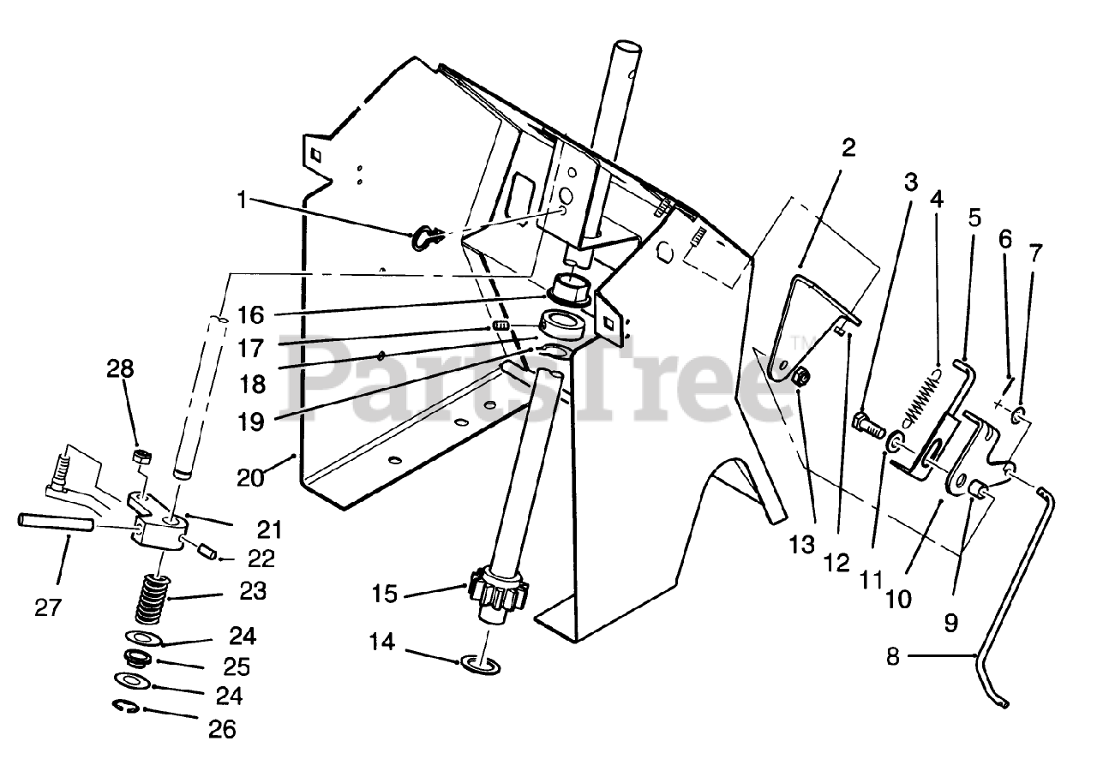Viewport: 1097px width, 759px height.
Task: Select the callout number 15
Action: tap(386, 593)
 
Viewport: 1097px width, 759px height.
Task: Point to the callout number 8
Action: tap(893, 657)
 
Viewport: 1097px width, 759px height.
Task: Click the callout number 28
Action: tap(121, 370)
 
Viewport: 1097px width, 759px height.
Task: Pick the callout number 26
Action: tap(221, 729)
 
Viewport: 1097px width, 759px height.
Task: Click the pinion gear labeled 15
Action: tap(498, 592)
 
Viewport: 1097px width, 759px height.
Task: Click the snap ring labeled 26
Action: tap(126, 706)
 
